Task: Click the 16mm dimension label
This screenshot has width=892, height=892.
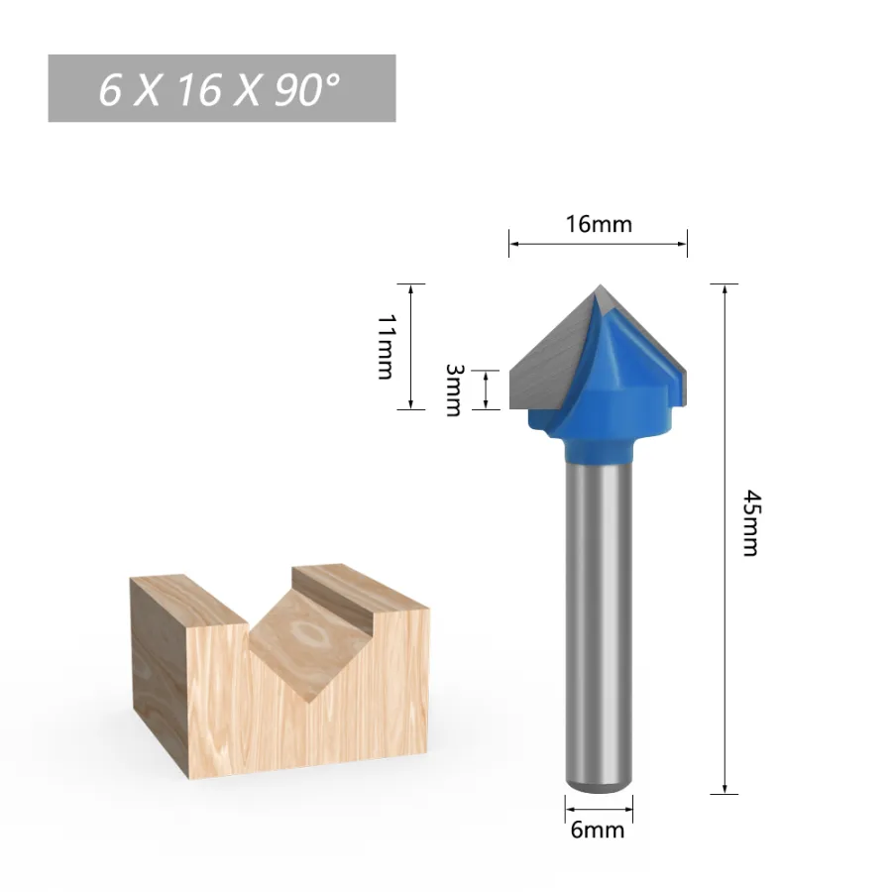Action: [x=599, y=224]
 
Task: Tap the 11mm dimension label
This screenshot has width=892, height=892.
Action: [x=386, y=347]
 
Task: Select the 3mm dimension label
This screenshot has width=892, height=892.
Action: [x=453, y=390]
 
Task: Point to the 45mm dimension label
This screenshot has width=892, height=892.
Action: [x=751, y=522]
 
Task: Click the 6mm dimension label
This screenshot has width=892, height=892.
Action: [x=598, y=830]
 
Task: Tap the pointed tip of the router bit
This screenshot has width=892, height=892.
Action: [x=601, y=285]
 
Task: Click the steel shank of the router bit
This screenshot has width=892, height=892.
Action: [x=599, y=625]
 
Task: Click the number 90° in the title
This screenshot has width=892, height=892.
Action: [x=307, y=90]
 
